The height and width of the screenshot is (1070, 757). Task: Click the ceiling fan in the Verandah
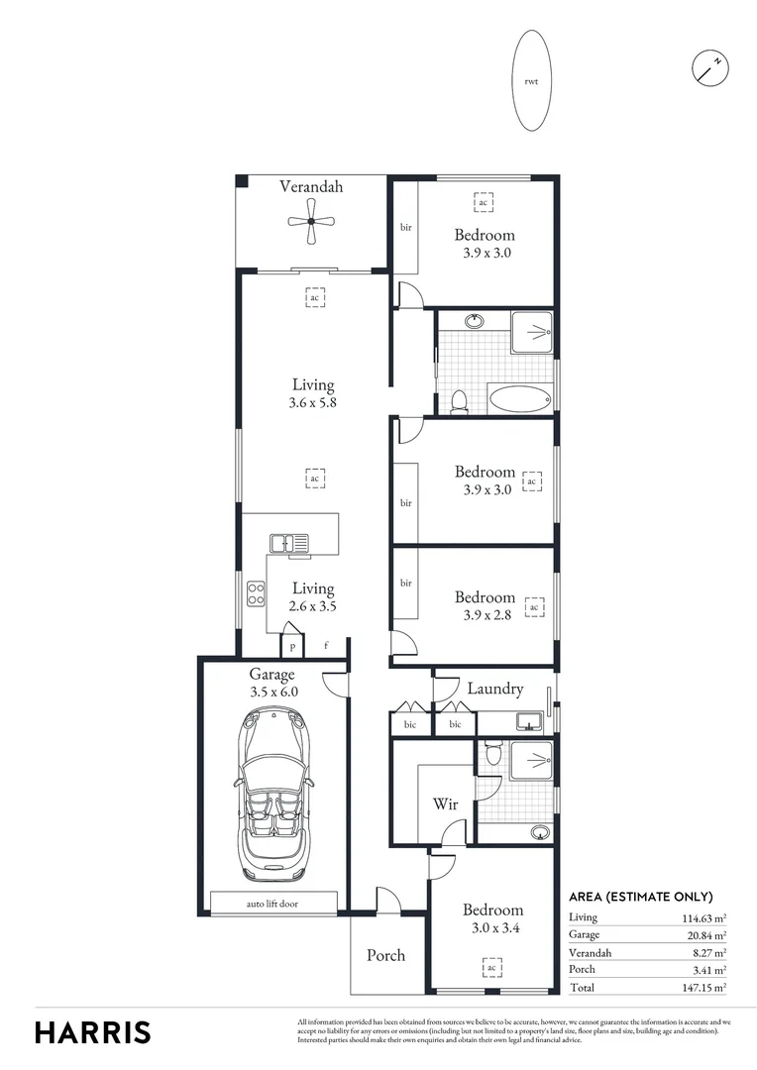pos(311,224)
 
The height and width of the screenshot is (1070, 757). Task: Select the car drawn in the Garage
pos(272,797)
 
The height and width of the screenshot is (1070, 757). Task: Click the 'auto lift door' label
pos(272,904)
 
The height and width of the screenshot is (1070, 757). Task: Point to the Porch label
pos(385,955)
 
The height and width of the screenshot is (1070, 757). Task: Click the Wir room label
pos(445,804)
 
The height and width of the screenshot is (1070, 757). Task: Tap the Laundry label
pos(493,689)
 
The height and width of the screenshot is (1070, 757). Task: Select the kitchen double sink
pos(289,542)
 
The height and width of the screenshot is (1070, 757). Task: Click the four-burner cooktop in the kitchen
pos(256,594)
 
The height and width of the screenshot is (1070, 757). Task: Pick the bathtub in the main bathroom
pos(519,400)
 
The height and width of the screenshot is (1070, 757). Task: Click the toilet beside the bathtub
pos(458,401)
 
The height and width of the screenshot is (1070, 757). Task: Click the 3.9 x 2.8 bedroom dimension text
pos(485,615)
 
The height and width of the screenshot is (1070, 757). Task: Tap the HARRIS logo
pos(93,1031)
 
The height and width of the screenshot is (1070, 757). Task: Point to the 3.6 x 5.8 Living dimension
pos(312,403)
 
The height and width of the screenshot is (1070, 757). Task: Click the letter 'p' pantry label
pos(292,646)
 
